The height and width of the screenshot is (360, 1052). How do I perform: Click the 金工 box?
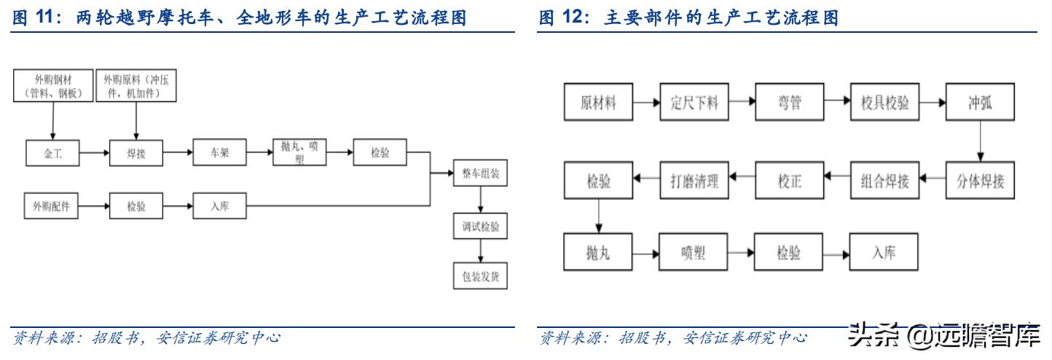(x=52, y=153)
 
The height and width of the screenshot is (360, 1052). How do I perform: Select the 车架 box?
(x=219, y=153)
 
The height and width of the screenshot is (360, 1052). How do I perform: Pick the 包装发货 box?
(x=481, y=277)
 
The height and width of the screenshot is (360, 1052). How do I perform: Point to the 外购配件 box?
(x=51, y=206)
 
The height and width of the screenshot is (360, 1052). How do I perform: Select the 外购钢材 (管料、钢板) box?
(x=52, y=86)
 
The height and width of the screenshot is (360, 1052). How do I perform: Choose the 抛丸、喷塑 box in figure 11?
(x=299, y=153)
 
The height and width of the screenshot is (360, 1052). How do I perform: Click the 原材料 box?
(x=598, y=103)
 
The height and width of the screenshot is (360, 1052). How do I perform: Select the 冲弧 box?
(x=980, y=103)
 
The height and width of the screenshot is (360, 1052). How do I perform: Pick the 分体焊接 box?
(x=980, y=181)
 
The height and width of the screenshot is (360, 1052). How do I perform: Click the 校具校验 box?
(x=884, y=103)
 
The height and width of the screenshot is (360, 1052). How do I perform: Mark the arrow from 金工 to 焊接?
(x=94, y=153)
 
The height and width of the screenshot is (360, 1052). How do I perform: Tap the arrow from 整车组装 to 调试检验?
(x=481, y=200)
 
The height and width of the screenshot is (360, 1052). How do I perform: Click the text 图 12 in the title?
(x=563, y=17)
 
